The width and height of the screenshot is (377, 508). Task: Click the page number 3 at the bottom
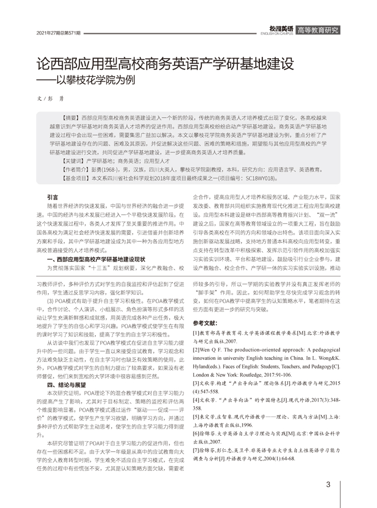[329, 484]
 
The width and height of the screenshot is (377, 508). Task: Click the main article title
[165, 65]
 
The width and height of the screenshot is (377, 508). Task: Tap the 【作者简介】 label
[75, 169]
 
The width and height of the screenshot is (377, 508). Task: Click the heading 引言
[52, 197]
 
